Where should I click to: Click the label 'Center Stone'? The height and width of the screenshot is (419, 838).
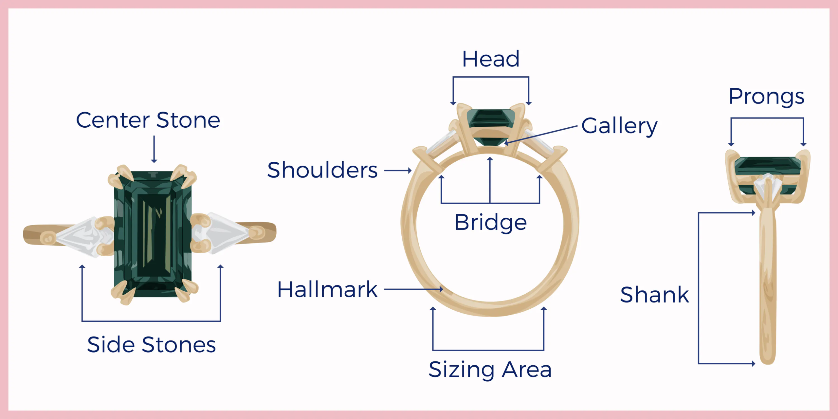click(x=148, y=120)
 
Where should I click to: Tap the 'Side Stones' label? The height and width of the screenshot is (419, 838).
click(x=152, y=345)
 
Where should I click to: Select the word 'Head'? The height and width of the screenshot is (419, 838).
click(x=491, y=59)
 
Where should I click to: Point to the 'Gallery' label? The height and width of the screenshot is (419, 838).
click(x=619, y=126)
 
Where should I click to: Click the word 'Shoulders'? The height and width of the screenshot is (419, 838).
click(x=322, y=170)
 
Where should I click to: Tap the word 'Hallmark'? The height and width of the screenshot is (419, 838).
click(x=327, y=290)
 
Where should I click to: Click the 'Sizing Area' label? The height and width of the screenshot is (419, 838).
click(x=490, y=370)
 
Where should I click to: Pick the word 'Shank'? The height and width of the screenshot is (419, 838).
click(x=655, y=295)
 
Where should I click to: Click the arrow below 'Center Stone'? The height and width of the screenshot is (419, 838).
click(x=154, y=149)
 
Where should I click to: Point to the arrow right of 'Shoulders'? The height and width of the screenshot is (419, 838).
click(x=398, y=170)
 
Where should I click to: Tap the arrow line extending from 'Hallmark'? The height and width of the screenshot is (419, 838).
click(x=414, y=289)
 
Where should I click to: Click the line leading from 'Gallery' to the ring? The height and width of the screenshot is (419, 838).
click(x=540, y=135)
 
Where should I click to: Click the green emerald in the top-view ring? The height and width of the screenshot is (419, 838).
click(x=153, y=234)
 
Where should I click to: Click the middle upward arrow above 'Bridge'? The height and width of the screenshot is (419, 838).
click(x=490, y=180)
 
